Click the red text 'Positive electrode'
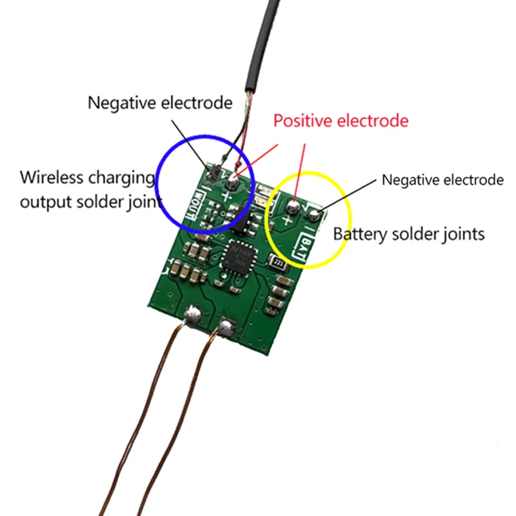point(341,121)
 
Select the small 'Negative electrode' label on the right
point(442,179)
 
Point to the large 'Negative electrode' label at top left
point(160,102)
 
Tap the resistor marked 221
point(279,263)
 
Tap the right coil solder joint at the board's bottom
point(226,328)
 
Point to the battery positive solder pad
point(293,207)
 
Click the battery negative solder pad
point(314,213)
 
